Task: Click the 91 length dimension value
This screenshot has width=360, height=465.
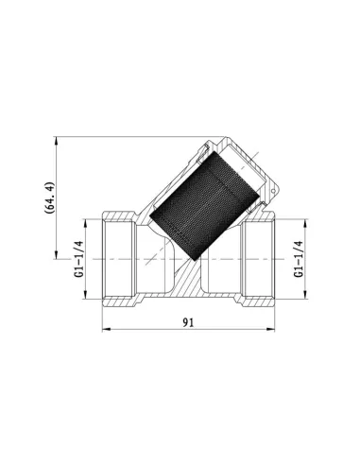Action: click(x=188, y=321)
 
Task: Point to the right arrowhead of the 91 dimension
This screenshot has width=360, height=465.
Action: click(x=276, y=330)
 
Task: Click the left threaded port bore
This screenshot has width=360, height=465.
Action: click(x=121, y=258)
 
